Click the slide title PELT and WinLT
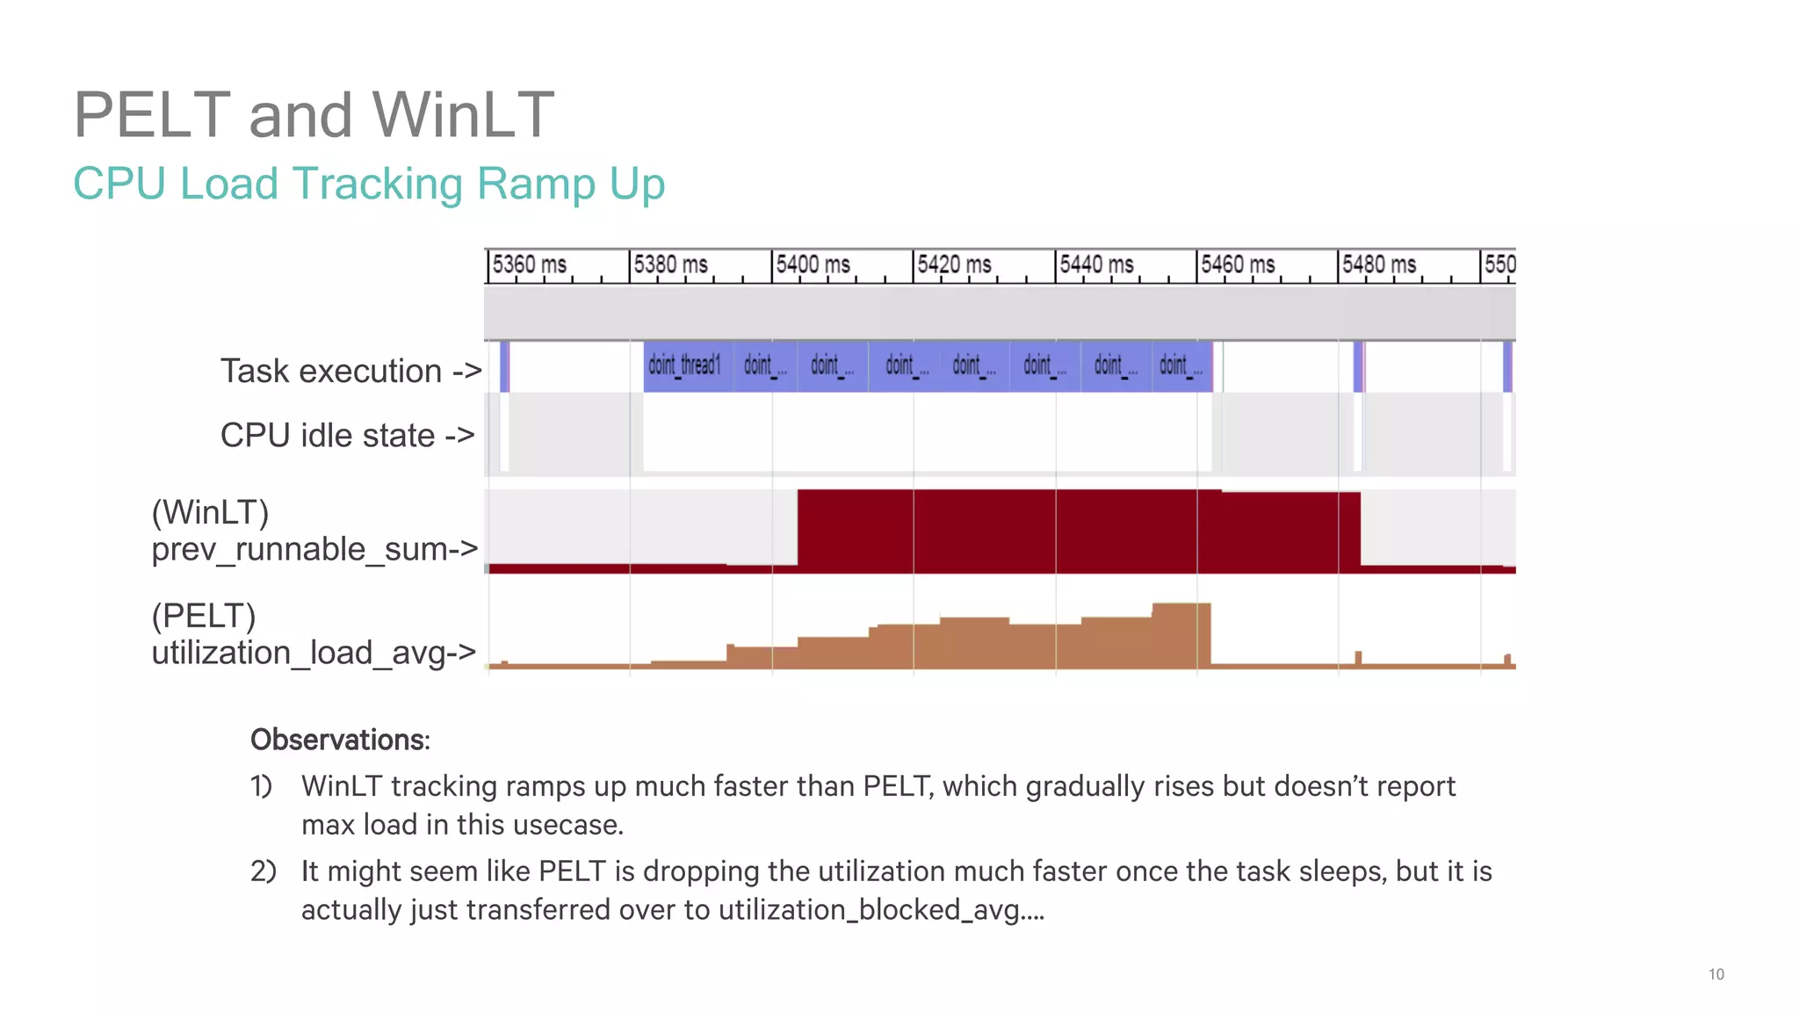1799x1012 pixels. (314, 114)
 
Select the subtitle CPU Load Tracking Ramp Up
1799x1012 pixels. (369, 184)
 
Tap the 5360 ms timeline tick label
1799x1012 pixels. (529, 264)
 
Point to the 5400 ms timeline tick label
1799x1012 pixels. (813, 264)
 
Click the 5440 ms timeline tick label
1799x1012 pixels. (1096, 264)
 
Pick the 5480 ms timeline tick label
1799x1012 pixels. (1379, 264)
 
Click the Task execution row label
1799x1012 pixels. (350, 372)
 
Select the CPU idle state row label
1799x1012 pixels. (347, 436)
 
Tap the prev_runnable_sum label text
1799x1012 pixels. (314, 550)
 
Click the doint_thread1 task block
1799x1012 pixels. (686, 365)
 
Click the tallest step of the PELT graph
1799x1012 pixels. (1181, 632)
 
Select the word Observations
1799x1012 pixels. (339, 740)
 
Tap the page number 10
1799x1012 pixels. (1716, 974)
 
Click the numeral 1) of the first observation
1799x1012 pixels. (261, 786)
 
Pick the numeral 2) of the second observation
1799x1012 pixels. (263, 871)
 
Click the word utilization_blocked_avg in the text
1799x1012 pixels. (868, 910)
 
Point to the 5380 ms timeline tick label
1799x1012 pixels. (671, 264)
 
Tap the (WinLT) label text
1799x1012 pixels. (210, 512)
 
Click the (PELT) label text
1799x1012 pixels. (203, 616)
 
